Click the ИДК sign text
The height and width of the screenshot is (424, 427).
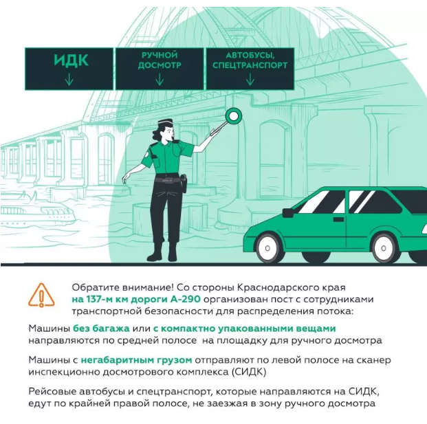click(71, 60)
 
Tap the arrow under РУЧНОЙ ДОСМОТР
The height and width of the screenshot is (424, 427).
click(160, 79)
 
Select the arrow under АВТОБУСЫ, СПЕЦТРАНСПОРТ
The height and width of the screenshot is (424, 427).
click(250, 79)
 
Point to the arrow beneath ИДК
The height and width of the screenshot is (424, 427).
click(69, 79)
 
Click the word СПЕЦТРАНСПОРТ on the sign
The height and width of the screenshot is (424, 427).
click(250, 65)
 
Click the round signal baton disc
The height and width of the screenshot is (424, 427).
click(234, 116)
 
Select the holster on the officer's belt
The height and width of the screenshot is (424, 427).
click(184, 183)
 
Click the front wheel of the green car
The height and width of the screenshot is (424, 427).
click(267, 248)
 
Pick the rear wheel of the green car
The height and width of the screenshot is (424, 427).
click(384, 248)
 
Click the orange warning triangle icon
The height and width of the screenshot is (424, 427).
click(41, 295)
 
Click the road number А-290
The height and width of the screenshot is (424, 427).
click(186, 300)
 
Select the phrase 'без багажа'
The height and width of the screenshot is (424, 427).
click(101, 328)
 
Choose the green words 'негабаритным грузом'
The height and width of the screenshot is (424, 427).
click(136, 360)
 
